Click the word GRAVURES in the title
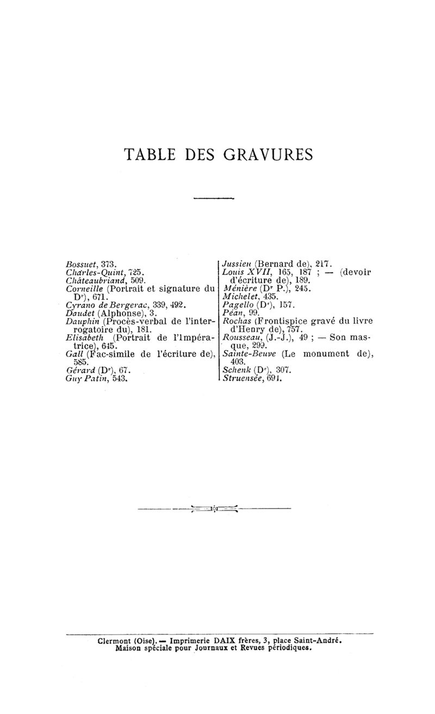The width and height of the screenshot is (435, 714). tap(268, 155)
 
